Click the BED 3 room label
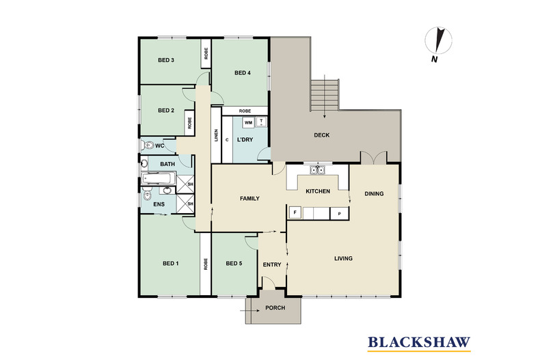point(166,61)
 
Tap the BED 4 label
point(243,73)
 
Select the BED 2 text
point(166,111)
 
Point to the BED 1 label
point(170,264)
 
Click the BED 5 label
point(234,264)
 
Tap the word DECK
point(322,135)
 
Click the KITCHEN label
point(318,191)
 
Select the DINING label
point(374,193)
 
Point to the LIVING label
point(343,258)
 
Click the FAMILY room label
point(250,199)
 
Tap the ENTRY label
point(271,264)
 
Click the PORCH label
point(275,308)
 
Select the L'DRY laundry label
point(245,141)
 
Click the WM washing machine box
point(248,122)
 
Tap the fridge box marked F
point(295,212)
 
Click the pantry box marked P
point(339,213)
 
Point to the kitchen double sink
point(317,170)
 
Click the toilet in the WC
point(148,146)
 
